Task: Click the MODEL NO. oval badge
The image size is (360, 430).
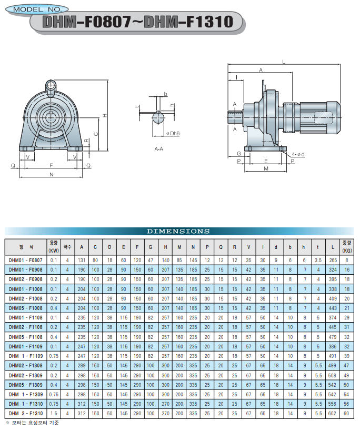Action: click(37, 9)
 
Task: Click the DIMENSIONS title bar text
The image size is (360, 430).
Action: click(178, 231)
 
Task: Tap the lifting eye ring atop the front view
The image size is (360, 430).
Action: click(51, 85)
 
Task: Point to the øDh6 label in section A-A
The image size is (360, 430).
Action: click(173, 134)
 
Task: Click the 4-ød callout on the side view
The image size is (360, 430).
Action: click(298, 154)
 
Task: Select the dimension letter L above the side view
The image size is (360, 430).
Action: click(284, 62)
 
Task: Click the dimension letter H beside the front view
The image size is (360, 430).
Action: click(105, 116)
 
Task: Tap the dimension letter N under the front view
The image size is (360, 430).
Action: click(51, 174)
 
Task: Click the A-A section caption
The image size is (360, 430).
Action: click(159, 149)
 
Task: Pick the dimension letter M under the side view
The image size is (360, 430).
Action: click(266, 168)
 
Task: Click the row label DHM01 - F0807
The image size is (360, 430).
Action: click(25, 260)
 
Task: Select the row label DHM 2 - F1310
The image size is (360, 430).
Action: click(25, 414)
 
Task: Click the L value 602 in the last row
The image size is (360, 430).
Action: click(332, 414)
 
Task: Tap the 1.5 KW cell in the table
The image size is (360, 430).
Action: click(54, 414)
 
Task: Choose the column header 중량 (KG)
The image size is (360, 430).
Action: click(347, 247)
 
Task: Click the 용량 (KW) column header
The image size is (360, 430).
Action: click(54, 247)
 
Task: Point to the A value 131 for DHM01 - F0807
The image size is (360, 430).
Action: click(82, 260)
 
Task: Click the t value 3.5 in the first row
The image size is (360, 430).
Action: click(318, 260)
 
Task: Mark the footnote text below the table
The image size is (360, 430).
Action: click(32, 423)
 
